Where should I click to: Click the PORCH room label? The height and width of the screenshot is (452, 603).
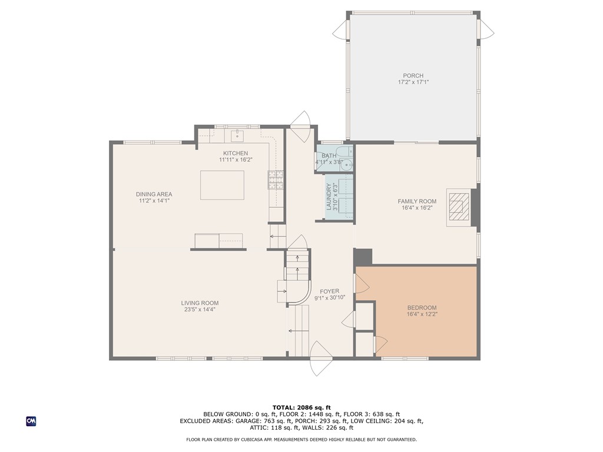coord(413,75)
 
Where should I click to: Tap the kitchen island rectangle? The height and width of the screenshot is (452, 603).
coord(223,185)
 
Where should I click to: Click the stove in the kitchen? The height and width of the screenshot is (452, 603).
coord(276,180)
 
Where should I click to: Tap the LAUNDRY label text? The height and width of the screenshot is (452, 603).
coord(329,197)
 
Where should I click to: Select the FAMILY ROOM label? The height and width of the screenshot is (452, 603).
coord(416,201)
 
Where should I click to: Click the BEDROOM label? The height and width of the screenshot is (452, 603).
coord(422,308)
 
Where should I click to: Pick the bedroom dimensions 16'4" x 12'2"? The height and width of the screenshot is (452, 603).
coord(422,314)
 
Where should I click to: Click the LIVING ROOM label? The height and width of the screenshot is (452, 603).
coord(200,303)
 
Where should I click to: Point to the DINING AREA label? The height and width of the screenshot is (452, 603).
coord(154,194)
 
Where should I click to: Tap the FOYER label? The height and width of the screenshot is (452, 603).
coord(329,291)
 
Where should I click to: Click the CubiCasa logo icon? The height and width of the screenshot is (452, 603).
coord(31,421)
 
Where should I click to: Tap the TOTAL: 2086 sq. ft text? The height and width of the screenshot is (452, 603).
coord(301,407)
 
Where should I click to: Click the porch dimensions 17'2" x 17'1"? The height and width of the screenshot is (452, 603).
coord(413,82)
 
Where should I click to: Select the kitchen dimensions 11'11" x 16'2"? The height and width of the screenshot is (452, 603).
coord(236,159)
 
